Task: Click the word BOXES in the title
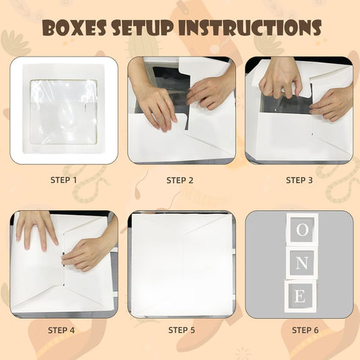75,27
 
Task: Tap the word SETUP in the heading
143,27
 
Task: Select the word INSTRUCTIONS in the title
250,27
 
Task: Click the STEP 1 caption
64,180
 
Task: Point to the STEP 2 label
180,181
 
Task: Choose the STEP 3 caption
299,180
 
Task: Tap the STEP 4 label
61,330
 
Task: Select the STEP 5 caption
181,330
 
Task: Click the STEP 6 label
305,330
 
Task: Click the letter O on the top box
302,230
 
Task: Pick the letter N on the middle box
301,264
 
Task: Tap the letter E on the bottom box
300,296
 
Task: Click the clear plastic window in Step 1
64,112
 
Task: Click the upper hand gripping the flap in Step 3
281,79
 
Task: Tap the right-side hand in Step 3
332,105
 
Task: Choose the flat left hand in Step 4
37,230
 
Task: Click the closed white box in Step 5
181,264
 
